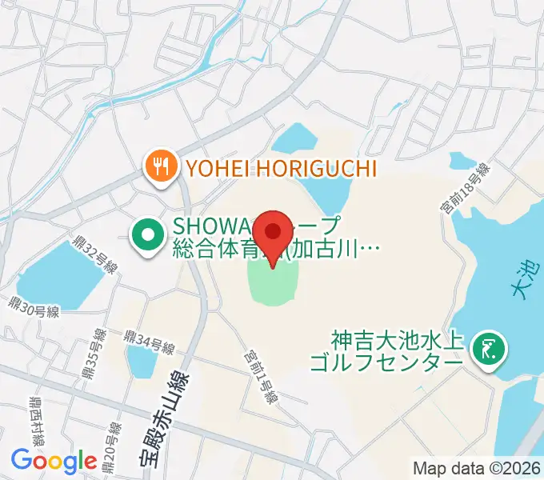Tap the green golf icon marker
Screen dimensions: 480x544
[486, 348]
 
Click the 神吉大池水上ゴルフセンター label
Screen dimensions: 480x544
[397, 351]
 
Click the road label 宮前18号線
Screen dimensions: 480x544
[465, 189]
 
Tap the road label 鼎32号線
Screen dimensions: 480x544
[95, 256]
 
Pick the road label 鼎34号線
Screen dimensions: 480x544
[150, 341]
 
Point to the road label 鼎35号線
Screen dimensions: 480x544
[92, 356]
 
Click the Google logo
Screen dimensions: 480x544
[54, 461]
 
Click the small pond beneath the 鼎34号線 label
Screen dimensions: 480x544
[142, 362]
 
